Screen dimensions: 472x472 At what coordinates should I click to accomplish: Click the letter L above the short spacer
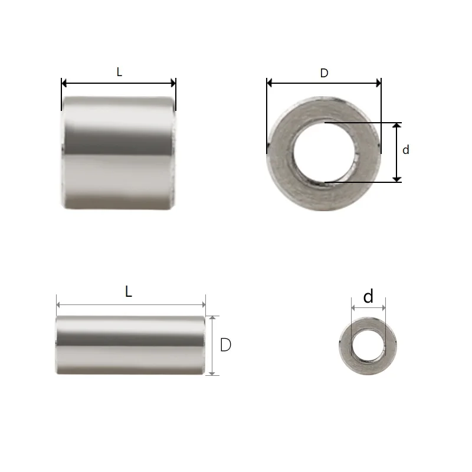119,72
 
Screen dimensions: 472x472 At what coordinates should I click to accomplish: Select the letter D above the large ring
324,73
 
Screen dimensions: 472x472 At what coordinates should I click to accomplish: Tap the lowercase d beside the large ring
405,150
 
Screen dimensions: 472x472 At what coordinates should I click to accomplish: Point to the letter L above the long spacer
129,291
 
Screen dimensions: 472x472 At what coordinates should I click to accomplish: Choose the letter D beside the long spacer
225,345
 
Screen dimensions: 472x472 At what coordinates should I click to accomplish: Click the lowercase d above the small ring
368,297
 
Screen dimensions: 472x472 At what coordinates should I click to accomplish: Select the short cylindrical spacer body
119,153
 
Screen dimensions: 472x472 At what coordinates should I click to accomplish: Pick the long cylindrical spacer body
130,345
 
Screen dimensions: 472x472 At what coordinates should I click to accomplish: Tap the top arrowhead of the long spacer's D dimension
214,318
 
